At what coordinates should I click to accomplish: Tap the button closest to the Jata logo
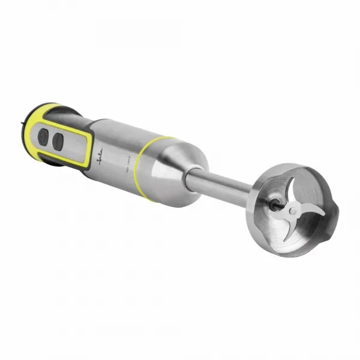click(59, 142)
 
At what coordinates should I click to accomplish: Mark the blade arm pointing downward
click(287, 226)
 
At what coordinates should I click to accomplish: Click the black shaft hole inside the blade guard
click(275, 205)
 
